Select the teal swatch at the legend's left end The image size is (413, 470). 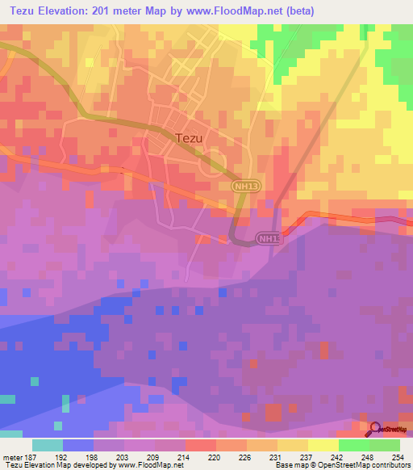point(48,444)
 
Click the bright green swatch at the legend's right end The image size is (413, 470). point(385,444)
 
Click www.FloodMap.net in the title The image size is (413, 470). point(237,11)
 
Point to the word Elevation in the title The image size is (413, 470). point(65,11)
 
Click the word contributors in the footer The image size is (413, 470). point(390,465)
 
